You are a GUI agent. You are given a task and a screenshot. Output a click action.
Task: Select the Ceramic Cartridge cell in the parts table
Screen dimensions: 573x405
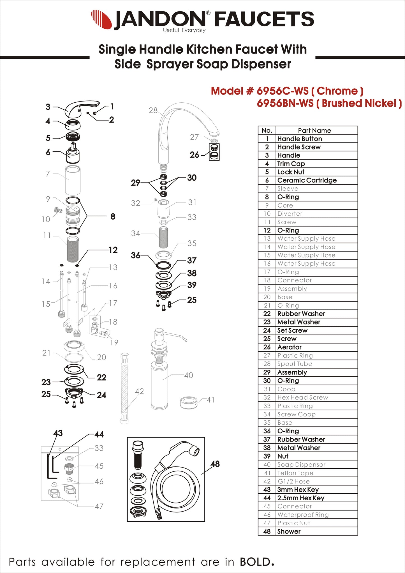tap(307, 180)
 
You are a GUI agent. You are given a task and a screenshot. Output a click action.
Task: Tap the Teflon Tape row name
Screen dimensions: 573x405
tap(295, 473)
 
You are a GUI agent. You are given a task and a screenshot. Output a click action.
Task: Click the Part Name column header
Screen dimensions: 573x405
tap(314, 130)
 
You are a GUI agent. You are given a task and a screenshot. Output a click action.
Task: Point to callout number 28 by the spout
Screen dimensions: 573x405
tap(153, 111)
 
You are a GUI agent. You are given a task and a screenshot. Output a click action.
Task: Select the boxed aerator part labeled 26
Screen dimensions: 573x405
tap(214, 152)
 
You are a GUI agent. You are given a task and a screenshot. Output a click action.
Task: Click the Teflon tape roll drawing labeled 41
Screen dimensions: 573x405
tap(189, 402)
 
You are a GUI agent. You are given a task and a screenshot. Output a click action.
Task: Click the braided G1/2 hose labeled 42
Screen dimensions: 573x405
tap(124, 388)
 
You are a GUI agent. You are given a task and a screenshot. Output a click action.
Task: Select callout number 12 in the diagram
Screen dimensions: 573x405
tap(113, 250)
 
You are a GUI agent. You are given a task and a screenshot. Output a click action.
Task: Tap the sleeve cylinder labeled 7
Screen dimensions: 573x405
tap(73, 180)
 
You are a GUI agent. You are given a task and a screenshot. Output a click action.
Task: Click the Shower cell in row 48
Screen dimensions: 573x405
tap(289, 531)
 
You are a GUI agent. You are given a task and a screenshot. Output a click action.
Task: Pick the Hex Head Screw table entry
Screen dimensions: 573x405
tap(302, 397)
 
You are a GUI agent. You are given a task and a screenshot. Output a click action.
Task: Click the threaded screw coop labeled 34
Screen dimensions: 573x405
tap(163, 237)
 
